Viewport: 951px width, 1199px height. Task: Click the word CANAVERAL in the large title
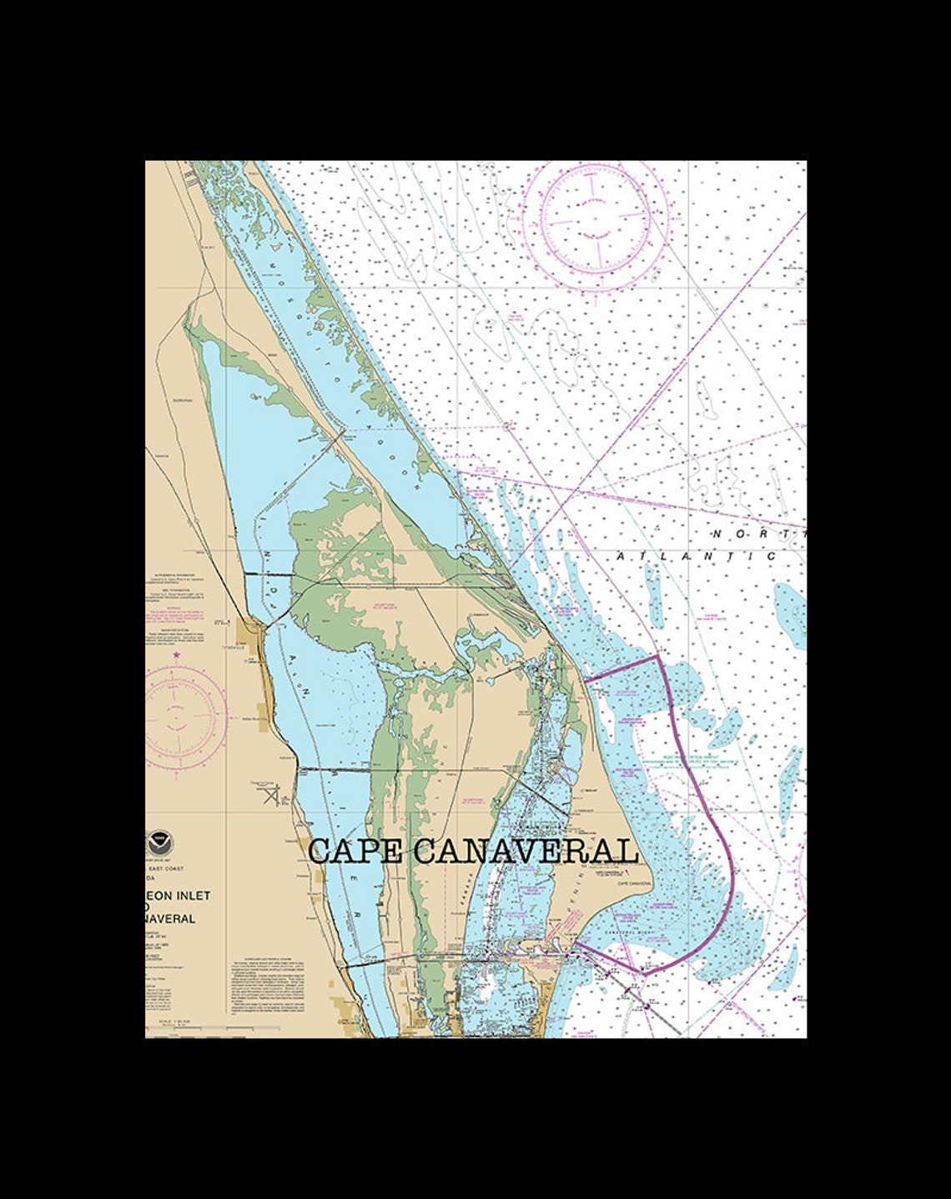tap(526, 851)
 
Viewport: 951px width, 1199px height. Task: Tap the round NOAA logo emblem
tap(156, 840)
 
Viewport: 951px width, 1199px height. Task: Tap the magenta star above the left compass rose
tap(177, 655)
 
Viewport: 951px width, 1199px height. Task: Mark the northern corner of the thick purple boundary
tap(658, 656)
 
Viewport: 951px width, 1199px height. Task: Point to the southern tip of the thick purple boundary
tap(644, 973)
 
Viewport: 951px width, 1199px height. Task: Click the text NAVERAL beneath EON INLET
tap(171, 919)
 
